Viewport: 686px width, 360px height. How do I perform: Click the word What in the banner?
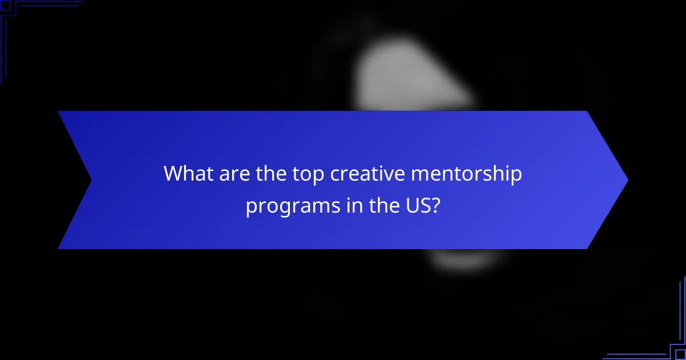point(185,174)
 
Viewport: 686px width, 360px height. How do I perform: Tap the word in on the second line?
point(338,205)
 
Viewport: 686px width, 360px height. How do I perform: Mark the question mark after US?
point(435,205)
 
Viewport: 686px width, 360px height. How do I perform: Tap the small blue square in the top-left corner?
point(5,5)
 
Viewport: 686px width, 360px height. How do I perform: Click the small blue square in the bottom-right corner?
point(681,355)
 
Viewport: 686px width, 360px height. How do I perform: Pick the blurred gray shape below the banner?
point(463,260)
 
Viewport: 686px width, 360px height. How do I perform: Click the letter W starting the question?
point(173,174)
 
